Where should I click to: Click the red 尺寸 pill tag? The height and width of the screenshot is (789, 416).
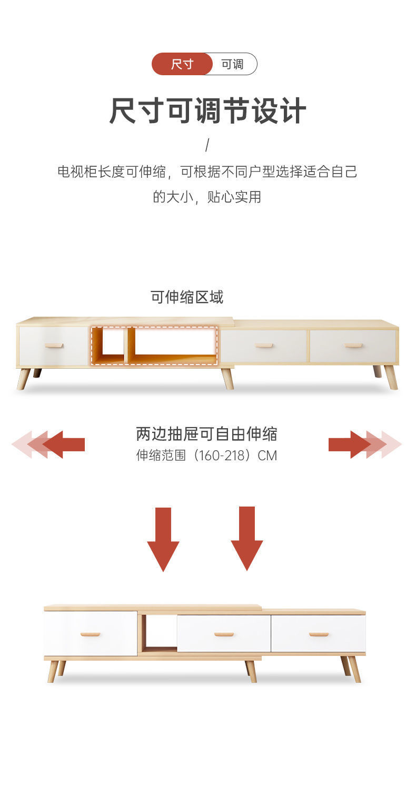pos(182,64)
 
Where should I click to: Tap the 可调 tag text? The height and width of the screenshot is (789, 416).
pos(232,64)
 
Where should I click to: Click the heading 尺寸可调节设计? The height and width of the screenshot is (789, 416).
pos(207,111)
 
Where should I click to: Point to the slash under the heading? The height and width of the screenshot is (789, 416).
pos(207,145)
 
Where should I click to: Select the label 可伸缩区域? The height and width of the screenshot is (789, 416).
pos(187,297)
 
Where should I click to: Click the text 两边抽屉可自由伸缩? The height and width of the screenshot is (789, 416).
pos(206,434)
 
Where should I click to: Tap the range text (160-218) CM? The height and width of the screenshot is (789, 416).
pos(206,455)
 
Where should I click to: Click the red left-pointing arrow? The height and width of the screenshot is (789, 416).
pos(63,444)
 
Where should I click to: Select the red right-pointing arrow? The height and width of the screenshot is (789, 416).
pos(350,444)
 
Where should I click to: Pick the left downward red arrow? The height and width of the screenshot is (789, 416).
pos(163,539)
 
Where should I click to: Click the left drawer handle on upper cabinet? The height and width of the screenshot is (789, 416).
pos(54,346)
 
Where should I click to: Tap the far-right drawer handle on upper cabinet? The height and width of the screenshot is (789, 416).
pos(353,346)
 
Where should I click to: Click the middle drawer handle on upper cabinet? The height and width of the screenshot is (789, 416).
pos(264,346)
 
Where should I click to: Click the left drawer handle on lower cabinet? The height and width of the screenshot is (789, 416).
pos(90,634)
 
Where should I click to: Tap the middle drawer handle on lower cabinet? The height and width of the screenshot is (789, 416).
pos(224,634)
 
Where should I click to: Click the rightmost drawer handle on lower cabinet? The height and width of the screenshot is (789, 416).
pos(319,634)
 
